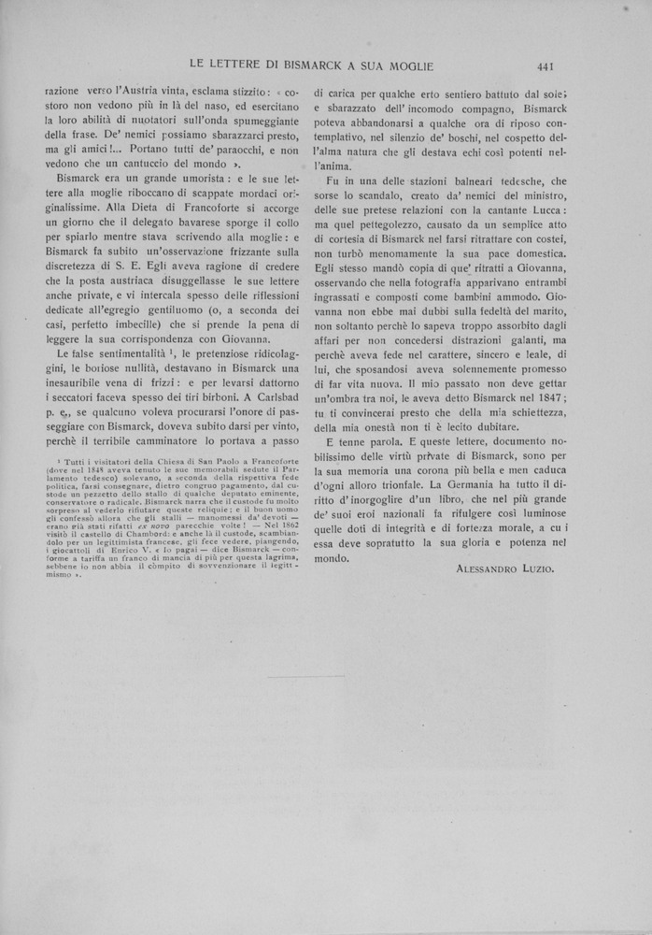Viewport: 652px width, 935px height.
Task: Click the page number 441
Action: point(546,65)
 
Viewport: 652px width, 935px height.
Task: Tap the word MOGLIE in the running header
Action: point(405,65)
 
